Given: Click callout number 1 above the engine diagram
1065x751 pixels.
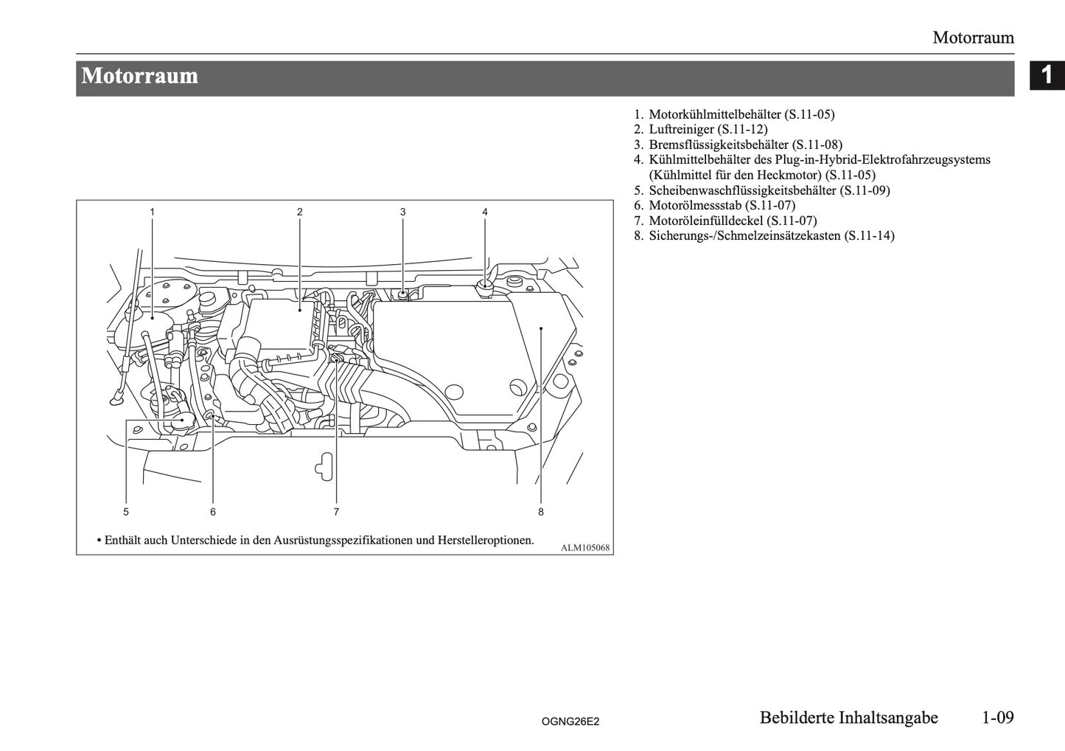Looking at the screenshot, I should click(152, 212).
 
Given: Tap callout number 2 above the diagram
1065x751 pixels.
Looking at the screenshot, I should click(300, 212).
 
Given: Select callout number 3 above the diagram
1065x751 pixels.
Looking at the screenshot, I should click(403, 212).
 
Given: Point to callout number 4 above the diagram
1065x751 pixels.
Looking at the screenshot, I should click(485, 212).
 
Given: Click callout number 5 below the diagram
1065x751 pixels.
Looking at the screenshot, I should click(126, 511).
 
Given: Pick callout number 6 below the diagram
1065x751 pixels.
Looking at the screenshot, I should click(213, 511).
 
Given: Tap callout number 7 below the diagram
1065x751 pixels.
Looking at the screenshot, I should click(336, 511).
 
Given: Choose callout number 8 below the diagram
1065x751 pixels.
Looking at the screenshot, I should click(541, 511).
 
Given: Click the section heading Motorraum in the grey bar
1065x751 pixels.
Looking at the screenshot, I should click(140, 76).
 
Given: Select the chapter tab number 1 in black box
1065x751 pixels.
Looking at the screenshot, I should click(1047, 75).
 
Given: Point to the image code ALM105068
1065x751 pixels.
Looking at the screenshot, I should click(585, 547).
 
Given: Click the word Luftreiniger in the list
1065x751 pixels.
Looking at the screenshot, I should click(681, 130).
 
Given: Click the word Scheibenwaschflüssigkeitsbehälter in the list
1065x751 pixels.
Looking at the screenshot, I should click(742, 190).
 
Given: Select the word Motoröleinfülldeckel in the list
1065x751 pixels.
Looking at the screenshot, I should click(705, 221).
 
